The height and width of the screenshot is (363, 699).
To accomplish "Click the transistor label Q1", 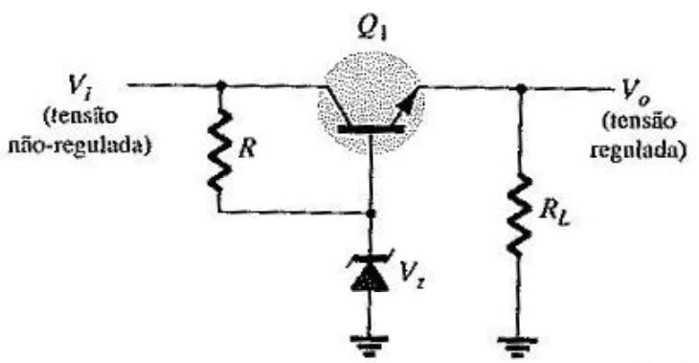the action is coord(372,31).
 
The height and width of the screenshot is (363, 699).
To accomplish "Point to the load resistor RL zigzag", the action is coord(519,215).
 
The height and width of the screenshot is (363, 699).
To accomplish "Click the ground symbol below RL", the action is coord(517,347).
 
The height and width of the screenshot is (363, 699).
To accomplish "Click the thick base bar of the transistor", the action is coord(371,129).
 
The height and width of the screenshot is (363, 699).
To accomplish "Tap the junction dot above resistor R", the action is coord(220,84).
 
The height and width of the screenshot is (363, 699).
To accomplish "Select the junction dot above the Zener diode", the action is coord(370,214).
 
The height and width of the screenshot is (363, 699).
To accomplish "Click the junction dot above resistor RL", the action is coord(520,89).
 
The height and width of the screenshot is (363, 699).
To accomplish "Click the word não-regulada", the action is coord(79,145).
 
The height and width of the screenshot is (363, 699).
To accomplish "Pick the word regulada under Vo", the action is coord(638,150).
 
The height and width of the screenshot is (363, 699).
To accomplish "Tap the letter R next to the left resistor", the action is coord(247,148).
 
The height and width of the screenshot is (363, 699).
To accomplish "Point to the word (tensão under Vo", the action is coord(639,122).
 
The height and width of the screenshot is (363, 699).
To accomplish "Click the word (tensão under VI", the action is coord(80,117).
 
